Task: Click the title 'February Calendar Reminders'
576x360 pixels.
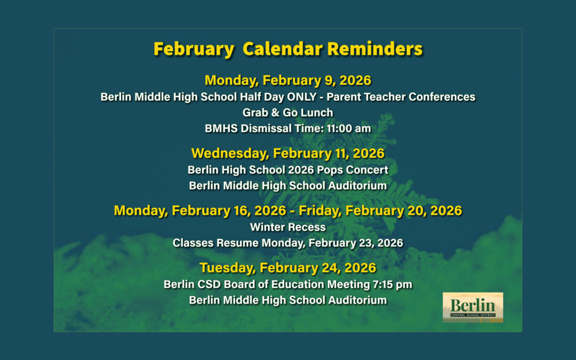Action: click(x=288, y=49)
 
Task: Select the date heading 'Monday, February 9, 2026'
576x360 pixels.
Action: click(x=288, y=81)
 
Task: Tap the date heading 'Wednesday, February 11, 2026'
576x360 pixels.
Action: click(x=288, y=154)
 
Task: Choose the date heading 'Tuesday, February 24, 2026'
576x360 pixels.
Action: click(x=288, y=268)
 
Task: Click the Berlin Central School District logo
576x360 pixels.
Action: click(x=473, y=307)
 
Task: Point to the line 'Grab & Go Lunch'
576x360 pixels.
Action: click(x=288, y=113)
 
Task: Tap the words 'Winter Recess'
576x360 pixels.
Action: click(x=288, y=227)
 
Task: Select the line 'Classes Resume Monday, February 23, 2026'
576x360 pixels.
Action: click(x=288, y=243)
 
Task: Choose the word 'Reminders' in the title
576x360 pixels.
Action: click(x=375, y=49)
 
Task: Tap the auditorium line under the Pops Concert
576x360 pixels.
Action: click(x=288, y=186)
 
